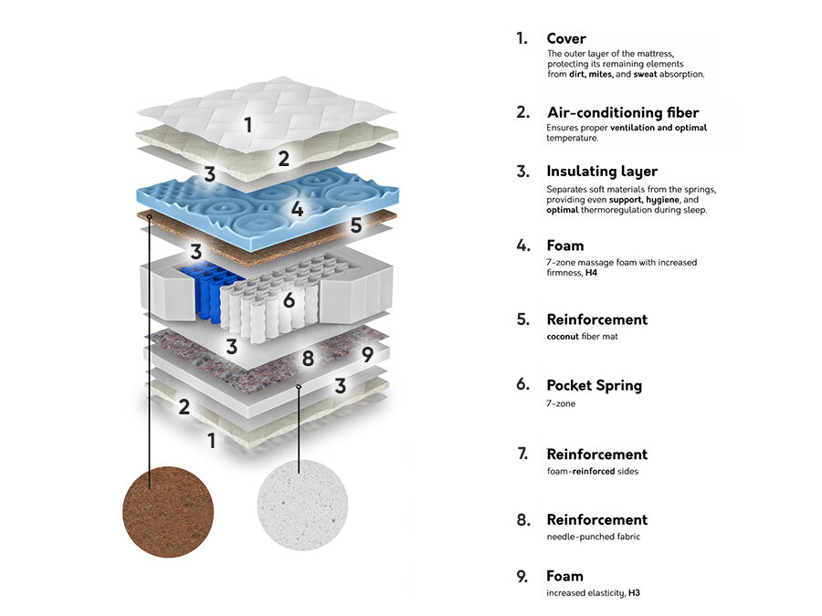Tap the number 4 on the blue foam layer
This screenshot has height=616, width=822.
[x=297, y=209]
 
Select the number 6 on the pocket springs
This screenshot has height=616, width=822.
[x=289, y=298]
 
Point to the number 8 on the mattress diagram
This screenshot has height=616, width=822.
[x=308, y=358]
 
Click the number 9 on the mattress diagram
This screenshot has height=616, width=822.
[x=366, y=354]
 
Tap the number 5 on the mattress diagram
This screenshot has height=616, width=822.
[x=356, y=224]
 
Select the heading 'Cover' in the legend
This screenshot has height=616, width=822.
[x=566, y=38]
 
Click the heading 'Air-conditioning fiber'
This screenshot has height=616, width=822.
[x=623, y=112]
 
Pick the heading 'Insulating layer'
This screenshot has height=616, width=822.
[x=602, y=171]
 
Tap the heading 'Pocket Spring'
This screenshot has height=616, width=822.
[x=594, y=384]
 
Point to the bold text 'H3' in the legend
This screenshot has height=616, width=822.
[x=634, y=593]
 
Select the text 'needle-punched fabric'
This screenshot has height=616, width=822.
[x=593, y=537]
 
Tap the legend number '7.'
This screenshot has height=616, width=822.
[x=522, y=454]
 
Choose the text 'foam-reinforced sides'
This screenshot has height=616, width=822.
[x=592, y=471]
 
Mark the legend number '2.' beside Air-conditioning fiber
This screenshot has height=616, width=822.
[x=522, y=112]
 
